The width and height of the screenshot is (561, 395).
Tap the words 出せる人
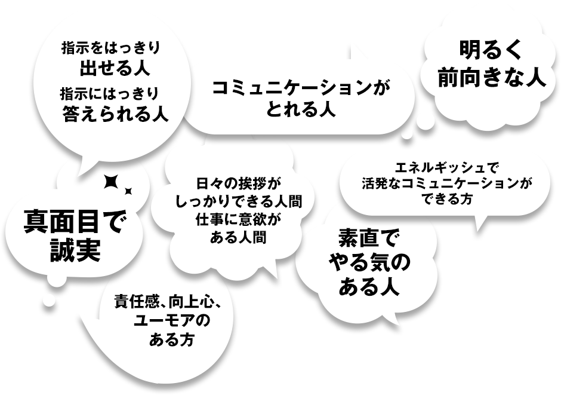(x=114, y=68)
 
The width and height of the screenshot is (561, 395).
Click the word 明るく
(x=491, y=50)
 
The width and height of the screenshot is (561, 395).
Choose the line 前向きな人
(x=491, y=78)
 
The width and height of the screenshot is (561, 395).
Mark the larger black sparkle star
(x=110, y=182)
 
